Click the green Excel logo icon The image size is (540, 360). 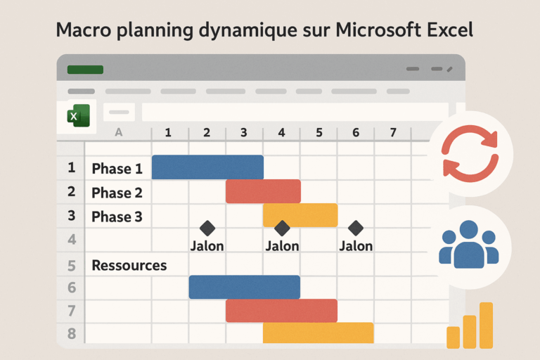point(79,115)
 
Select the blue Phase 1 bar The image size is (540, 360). point(207,167)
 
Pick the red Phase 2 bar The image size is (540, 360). point(263,191)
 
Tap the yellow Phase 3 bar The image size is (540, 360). point(300,215)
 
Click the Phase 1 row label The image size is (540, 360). point(117,169)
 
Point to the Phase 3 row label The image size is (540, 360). point(117,217)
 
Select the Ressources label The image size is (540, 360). point(129,265)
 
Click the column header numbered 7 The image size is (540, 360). point(393,132)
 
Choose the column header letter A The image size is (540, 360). point(118,132)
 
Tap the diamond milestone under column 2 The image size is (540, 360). point(207,228)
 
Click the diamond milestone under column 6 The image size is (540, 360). point(356,228)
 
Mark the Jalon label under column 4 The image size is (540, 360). point(282,246)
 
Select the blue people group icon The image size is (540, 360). point(468,245)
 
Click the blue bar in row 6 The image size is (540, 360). point(245,287)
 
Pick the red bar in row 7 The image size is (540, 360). point(281,311)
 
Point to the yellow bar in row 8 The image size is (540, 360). point(318,333)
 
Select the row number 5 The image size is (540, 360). point(71,266)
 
